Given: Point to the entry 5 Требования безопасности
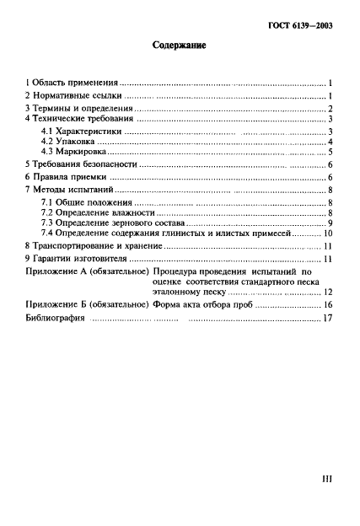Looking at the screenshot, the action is [81, 167].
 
